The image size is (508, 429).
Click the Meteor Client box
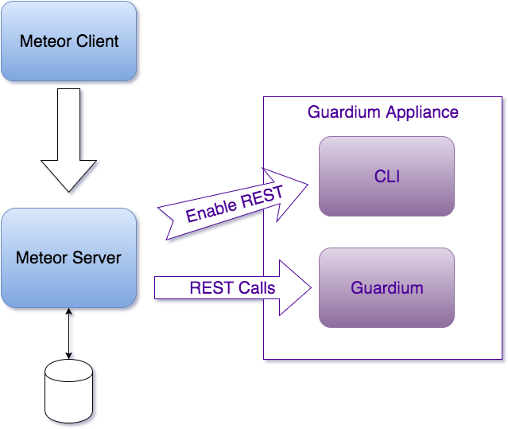pyautogui.click(x=68, y=41)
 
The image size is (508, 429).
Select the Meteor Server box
pyautogui.click(x=68, y=258)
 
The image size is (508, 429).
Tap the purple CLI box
pyautogui.click(x=386, y=176)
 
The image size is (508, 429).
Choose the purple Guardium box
pyautogui.click(x=386, y=287)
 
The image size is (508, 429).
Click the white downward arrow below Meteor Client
pyautogui.click(x=68, y=139)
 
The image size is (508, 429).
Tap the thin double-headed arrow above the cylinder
pyautogui.click(x=68, y=333)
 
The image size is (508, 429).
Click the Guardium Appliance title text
pyautogui.click(x=383, y=111)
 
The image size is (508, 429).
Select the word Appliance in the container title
pyautogui.click(x=421, y=111)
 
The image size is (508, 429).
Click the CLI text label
pyautogui.click(x=386, y=176)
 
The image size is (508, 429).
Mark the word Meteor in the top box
pyautogui.click(x=45, y=41)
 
